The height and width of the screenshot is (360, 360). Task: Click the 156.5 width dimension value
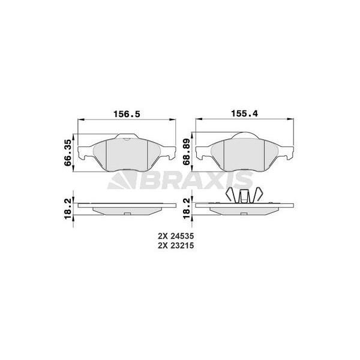(x=127, y=113)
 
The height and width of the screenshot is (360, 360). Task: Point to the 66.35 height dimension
(x=68, y=152)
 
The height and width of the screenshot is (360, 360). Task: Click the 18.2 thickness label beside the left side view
(x=68, y=205)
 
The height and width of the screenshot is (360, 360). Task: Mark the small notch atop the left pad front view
(x=127, y=139)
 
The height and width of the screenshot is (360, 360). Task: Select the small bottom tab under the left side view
(x=127, y=215)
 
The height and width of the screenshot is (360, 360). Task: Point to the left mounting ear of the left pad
(x=86, y=160)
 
